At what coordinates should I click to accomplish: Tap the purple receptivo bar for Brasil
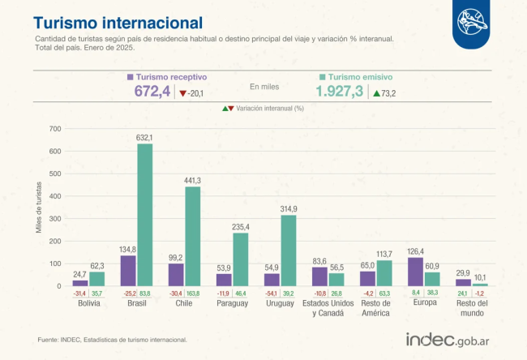[x=128, y=271]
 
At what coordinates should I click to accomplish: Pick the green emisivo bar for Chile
[x=193, y=236]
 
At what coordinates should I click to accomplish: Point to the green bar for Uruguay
[x=289, y=251]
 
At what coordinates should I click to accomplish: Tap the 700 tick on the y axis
[x=55, y=129]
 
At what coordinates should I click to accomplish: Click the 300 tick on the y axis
[x=55, y=219]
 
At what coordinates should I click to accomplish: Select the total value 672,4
[x=152, y=92]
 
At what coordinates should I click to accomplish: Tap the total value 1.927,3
[x=340, y=92]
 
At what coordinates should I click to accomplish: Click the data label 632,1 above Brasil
[x=144, y=138]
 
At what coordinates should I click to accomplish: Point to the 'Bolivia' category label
[x=88, y=304]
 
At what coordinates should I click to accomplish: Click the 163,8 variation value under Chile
[x=193, y=294]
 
